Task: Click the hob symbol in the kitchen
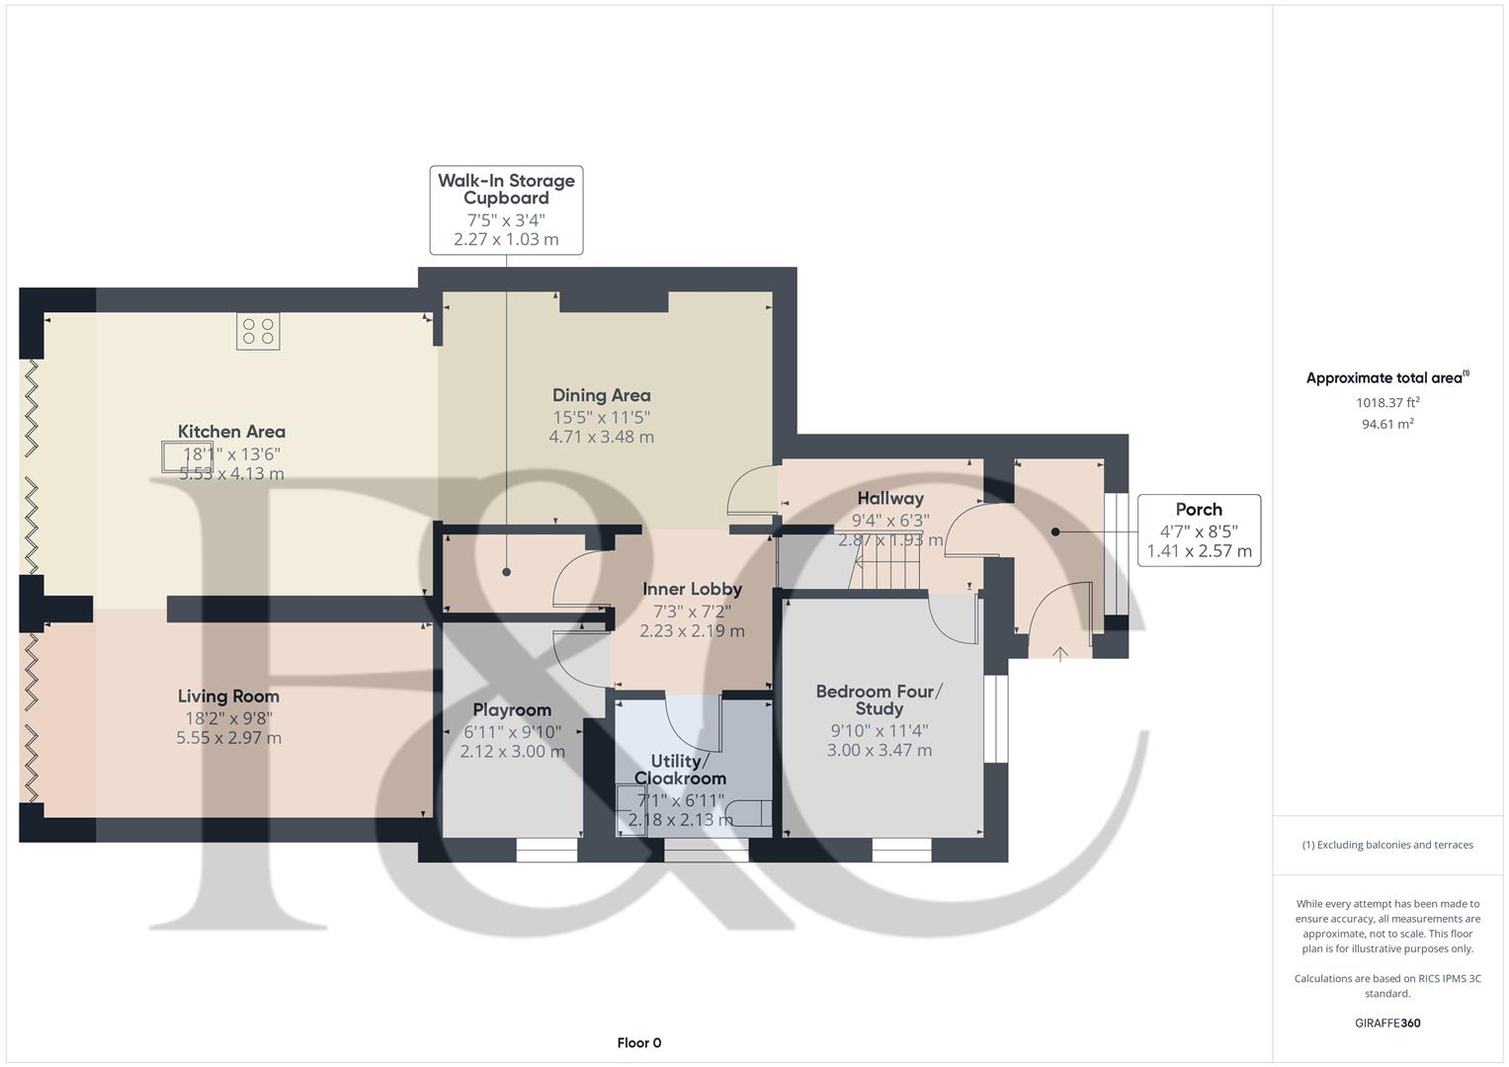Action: (x=258, y=331)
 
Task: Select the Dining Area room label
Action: (x=601, y=395)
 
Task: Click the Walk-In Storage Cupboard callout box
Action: (x=506, y=209)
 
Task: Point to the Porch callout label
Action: (x=1199, y=530)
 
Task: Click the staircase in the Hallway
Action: (x=886, y=569)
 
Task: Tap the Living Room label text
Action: (x=228, y=697)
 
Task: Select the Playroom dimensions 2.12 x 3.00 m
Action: (x=512, y=752)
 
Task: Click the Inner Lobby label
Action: (x=692, y=589)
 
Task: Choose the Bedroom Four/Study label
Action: (x=879, y=699)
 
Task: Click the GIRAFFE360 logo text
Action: (x=1386, y=1023)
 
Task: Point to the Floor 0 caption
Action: (x=638, y=1042)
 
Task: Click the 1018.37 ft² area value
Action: (x=1387, y=403)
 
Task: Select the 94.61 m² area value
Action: (x=1387, y=424)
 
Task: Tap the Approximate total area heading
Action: (x=1386, y=377)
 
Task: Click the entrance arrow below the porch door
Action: (x=1060, y=653)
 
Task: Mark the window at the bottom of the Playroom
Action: (x=546, y=850)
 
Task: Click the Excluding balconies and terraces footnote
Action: (x=1386, y=845)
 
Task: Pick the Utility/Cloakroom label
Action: (x=680, y=770)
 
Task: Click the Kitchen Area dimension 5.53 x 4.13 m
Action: (x=231, y=474)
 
